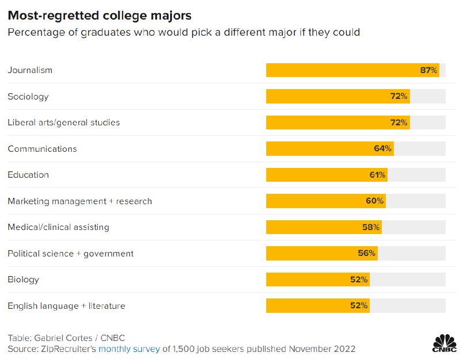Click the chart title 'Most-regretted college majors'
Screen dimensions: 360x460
click(x=99, y=14)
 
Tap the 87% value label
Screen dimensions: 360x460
click(x=429, y=70)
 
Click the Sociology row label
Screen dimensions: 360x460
click(x=28, y=97)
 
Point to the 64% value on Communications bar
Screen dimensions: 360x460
click(x=382, y=149)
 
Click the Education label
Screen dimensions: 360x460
click(x=28, y=175)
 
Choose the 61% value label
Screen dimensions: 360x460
click(x=378, y=175)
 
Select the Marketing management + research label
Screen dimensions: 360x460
click(x=80, y=201)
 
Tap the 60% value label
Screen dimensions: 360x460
click(x=374, y=201)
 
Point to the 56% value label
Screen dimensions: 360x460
click(x=367, y=254)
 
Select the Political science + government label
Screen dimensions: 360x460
click(x=71, y=254)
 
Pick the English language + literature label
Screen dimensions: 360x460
click(x=67, y=306)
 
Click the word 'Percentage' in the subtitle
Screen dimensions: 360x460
click(x=34, y=32)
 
